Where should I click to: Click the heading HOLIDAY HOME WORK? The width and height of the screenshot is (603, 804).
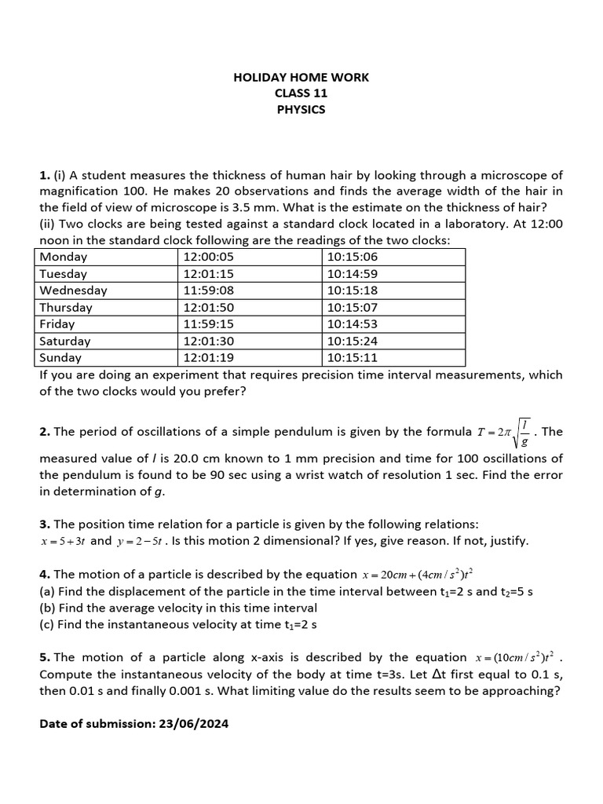pyautogui.click(x=301, y=77)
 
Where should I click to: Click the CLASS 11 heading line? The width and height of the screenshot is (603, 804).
pyautogui.click(x=301, y=93)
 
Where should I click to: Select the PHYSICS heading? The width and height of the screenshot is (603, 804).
pyautogui.click(x=301, y=110)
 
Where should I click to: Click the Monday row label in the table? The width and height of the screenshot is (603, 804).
pyautogui.click(x=64, y=257)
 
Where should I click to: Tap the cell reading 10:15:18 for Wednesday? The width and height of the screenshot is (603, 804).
pyautogui.click(x=353, y=291)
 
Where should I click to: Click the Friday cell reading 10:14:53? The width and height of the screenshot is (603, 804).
pyautogui.click(x=353, y=324)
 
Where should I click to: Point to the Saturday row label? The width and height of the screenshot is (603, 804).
pyautogui.click(x=65, y=342)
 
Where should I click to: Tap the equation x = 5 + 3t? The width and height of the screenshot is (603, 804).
pyautogui.click(x=64, y=541)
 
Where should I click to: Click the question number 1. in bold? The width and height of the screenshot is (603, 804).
pyautogui.click(x=45, y=174)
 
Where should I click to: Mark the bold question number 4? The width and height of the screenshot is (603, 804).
pyautogui.click(x=45, y=575)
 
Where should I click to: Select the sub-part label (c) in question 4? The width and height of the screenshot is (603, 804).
pyautogui.click(x=47, y=625)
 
